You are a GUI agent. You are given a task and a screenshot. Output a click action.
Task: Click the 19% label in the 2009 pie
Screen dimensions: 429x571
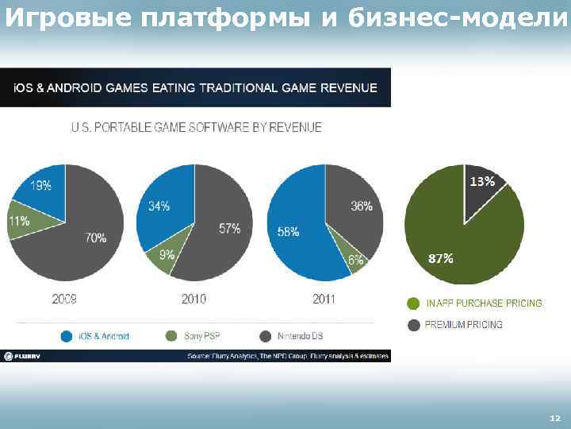41,186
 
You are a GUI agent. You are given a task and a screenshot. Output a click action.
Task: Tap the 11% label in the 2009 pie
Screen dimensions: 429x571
19,221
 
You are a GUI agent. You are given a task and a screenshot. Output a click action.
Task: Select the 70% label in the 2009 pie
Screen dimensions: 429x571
96,238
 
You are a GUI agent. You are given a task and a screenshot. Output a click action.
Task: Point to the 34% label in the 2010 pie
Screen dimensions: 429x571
159,207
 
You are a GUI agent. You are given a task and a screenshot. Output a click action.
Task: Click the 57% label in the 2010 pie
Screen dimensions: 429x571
230,229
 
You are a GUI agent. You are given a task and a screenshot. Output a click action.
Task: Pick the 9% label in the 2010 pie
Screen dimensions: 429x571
167,255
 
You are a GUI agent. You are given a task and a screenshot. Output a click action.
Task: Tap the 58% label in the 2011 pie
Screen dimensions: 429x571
288,232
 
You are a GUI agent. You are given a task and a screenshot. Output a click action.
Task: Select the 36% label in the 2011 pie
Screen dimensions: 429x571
362,207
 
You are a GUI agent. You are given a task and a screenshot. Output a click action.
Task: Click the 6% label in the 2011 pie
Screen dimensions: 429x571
355,260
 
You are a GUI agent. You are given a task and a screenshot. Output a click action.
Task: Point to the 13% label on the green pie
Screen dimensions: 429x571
483,182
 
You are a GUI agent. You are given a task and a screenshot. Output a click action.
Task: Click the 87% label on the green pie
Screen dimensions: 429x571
441,258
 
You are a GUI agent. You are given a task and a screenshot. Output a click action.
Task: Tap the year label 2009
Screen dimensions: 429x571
63,299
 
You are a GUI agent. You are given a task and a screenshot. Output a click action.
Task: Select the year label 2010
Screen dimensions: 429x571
194,299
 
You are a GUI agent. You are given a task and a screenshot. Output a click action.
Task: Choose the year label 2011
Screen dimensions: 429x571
324,299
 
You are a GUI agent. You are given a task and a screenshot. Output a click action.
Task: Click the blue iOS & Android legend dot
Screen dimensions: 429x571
67,336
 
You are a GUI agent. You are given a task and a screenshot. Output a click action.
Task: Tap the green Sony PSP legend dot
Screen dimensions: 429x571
172,336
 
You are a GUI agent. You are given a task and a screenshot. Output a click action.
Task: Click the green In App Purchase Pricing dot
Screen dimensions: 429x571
413,303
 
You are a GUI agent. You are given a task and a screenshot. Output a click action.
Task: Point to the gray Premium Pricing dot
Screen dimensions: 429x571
413,324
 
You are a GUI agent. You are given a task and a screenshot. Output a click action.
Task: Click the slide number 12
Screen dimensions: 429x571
554,418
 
